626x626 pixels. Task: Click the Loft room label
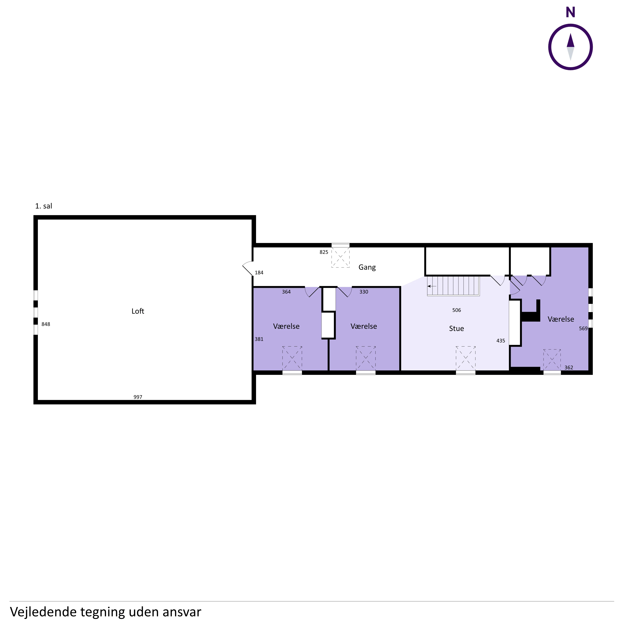tap(138, 311)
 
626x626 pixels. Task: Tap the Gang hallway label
tap(367, 267)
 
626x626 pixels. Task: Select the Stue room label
tap(457, 328)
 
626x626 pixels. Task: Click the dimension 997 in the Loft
tap(138, 397)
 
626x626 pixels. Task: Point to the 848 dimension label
tap(46, 324)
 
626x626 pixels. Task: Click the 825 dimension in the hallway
tap(324, 252)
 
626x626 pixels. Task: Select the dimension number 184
tap(259, 272)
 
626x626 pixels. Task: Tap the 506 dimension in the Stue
tap(457, 310)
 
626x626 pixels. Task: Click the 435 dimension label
tap(501, 341)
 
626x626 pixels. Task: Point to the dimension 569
tap(583, 328)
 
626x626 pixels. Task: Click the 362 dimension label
tap(569, 367)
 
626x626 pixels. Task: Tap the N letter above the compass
tap(570, 12)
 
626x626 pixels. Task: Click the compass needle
tap(571, 47)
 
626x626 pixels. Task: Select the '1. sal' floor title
tap(43, 206)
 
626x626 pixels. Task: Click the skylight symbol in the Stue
tap(466, 358)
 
